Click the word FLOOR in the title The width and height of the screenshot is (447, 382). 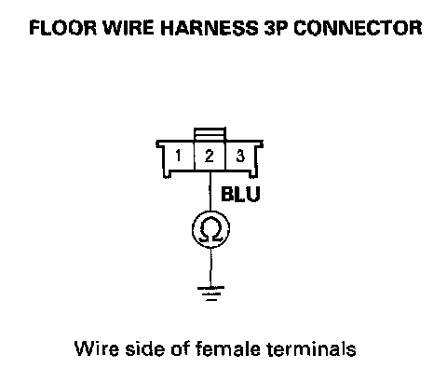(x=63, y=28)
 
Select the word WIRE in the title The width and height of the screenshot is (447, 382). (x=129, y=28)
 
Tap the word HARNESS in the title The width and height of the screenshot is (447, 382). (x=209, y=28)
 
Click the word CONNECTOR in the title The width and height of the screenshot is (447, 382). (x=358, y=28)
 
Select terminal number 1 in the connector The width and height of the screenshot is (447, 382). (x=178, y=156)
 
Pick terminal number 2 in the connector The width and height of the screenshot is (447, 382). (x=210, y=156)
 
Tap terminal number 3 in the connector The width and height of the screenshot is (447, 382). (x=240, y=156)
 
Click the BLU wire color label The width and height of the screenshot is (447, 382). (x=240, y=194)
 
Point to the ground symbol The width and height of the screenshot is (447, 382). (x=210, y=293)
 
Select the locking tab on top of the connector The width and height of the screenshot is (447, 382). (x=210, y=134)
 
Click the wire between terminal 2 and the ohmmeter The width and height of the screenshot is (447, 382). (x=210, y=190)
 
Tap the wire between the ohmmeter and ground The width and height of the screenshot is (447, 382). (x=210, y=267)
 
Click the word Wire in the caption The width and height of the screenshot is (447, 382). (x=97, y=348)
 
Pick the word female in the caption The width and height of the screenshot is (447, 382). (x=228, y=348)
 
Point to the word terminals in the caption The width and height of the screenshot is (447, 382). (x=312, y=348)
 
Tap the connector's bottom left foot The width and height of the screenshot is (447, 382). (x=168, y=174)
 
